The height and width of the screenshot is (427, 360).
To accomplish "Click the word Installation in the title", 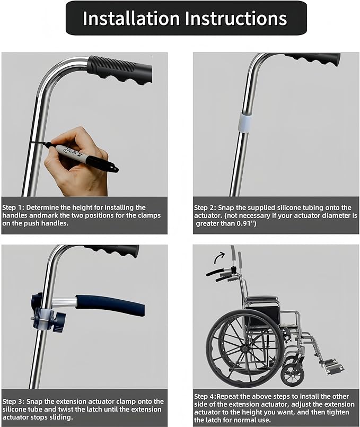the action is pyautogui.click(x=131, y=18).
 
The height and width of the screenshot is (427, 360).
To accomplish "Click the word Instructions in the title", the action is pyautogui.click(x=236, y=18).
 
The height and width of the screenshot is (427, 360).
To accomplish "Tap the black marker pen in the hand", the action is pyautogui.click(x=82, y=155).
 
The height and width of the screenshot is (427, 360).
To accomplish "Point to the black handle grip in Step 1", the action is pyautogui.click(x=120, y=69).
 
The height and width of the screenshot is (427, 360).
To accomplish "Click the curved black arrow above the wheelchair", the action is pyautogui.click(x=219, y=257).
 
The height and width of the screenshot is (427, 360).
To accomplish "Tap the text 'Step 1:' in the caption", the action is pyautogui.click(x=13, y=207).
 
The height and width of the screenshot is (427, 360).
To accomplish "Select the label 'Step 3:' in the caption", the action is pyautogui.click(x=14, y=402).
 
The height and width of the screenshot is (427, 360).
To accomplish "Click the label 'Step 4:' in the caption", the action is pyautogui.click(x=205, y=397).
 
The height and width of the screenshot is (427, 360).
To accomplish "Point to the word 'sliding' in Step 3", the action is pyautogui.click(x=60, y=417).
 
